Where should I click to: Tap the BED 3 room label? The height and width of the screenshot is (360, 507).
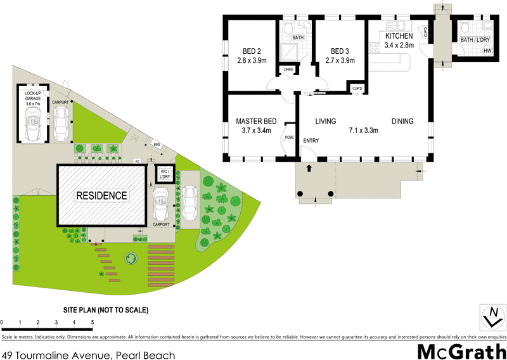pos(340,51)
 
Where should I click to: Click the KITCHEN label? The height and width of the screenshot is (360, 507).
pos(399,36)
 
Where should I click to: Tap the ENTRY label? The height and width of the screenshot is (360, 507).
pos(311,141)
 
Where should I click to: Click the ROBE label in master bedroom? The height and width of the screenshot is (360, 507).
pos(289,137)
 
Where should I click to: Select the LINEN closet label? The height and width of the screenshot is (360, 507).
pos(288,68)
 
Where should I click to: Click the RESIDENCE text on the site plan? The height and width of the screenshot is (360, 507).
pos(101,195)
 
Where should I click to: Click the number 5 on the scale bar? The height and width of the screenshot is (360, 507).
pos(93,323)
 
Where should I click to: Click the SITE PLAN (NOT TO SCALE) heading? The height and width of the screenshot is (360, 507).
pos(106,311)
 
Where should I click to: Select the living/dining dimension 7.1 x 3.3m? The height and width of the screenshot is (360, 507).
pos(363,131)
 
